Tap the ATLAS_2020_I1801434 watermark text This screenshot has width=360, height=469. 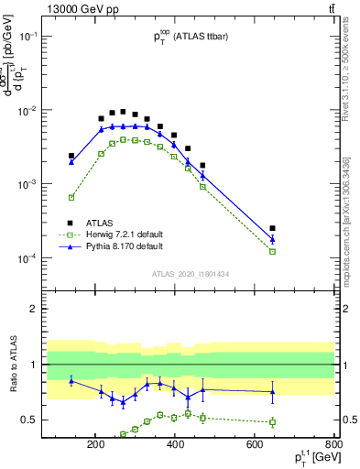191,274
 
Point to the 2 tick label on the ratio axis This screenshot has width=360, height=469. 56,309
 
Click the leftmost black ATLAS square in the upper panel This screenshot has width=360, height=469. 71,156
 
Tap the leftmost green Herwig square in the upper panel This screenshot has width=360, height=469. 71,197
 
